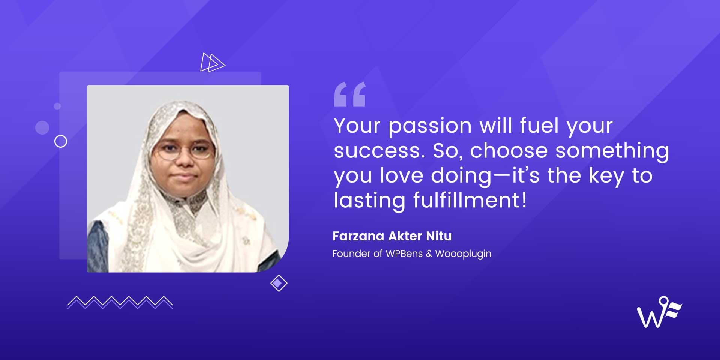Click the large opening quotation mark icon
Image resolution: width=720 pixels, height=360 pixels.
(x=349, y=94)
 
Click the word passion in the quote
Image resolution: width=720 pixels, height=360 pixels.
(x=430, y=126)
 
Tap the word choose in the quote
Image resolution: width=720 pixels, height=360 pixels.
(x=508, y=151)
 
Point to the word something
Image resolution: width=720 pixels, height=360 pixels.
(x=612, y=151)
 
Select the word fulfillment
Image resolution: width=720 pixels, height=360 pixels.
(x=470, y=200)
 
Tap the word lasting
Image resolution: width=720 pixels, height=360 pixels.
(x=369, y=201)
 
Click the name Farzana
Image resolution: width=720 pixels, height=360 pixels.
(x=358, y=236)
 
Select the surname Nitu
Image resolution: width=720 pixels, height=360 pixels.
(x=439, y=236)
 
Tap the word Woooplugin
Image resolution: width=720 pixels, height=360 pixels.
(x=463, y=254)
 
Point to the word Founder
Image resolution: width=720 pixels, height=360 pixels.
(x=351, y=253)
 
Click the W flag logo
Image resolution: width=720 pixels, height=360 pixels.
(x=659, y=312)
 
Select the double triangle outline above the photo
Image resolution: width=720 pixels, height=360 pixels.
(x=212, y=62)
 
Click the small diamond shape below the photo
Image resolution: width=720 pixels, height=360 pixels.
(x=279, y=283)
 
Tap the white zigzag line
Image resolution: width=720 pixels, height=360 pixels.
(x=120, y=302)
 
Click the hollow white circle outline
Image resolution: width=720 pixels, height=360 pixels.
(x=61, y=141)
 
